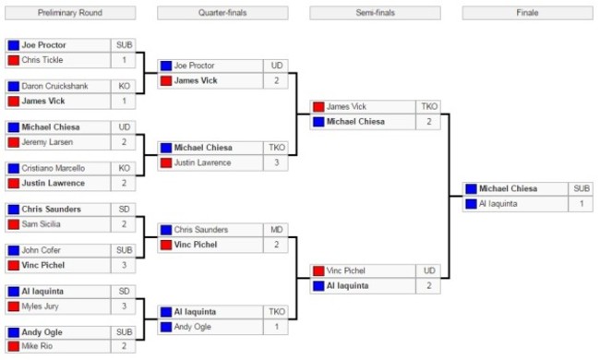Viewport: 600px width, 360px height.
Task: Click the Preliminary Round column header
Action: tap(70, 13)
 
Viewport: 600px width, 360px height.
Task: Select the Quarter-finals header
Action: tap(222, 13)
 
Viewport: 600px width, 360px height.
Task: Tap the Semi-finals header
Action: tap(376, 13)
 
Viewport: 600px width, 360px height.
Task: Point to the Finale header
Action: tap(528, 13)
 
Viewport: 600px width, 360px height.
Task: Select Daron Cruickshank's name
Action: tap(55, 86)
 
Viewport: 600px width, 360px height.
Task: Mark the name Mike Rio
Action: tap(38, 347)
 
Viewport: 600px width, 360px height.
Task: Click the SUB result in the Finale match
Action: tap(582, 188)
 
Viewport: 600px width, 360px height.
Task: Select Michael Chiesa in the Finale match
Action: tap(508, 188)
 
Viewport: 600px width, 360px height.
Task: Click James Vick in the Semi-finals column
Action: tap(346, 107)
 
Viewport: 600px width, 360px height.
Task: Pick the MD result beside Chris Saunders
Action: tap(278, 229)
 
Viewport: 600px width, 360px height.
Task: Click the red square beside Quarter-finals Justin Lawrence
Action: tap(165, 163)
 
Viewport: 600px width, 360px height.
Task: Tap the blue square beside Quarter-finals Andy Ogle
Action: tap(165, 327)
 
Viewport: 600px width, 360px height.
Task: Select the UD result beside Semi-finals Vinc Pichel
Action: tap(429, 270)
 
